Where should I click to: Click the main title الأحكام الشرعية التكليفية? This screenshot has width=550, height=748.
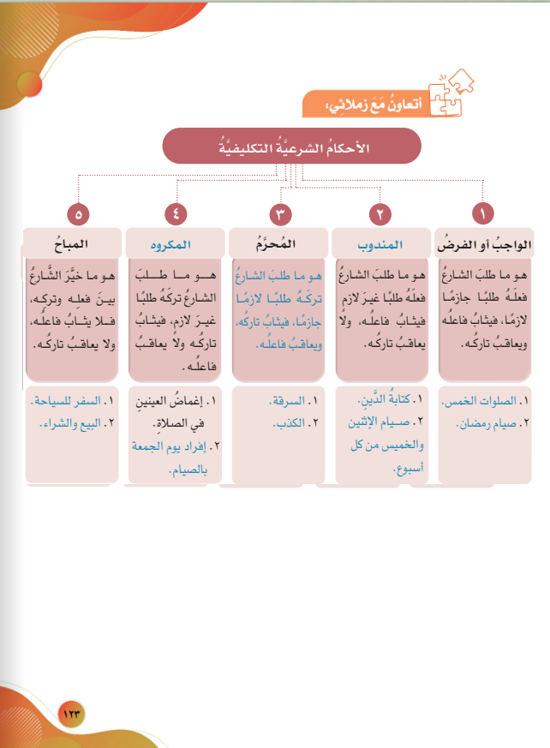tap(291, 146)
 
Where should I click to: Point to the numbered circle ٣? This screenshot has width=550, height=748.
tap(279, 213)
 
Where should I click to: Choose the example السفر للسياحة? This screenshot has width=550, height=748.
tap(70, 401)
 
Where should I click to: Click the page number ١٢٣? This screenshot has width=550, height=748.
tap(75, 711)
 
